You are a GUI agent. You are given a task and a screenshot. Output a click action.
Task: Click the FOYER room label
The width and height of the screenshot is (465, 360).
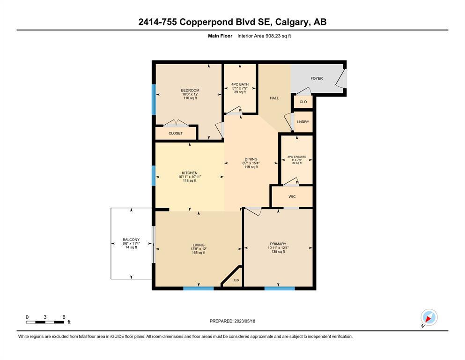click(x=317, y=78)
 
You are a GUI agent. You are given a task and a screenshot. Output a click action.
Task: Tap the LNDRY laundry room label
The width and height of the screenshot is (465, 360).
click(x=303, y=122)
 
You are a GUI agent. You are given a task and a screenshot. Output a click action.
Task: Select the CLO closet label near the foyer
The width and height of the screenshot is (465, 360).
click(x=303, y=102)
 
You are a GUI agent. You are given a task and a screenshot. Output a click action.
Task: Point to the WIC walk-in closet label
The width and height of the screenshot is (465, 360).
click(x=292, y=196)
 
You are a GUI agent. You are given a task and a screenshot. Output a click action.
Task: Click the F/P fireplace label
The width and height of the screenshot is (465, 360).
click(x=236, y=280)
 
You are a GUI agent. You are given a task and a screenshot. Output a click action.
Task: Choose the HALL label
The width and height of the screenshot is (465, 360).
click(x=274, y=98)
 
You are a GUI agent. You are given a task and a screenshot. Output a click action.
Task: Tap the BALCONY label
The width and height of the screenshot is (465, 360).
click(x=131, y=240)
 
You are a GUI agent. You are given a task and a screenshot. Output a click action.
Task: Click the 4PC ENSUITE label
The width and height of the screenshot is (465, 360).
click(x=297, y=157)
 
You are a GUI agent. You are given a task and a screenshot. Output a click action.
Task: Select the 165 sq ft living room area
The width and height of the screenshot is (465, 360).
click(x=199, y=253)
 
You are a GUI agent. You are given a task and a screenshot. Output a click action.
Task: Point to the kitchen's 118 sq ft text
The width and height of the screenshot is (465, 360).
click(x=190, y=180)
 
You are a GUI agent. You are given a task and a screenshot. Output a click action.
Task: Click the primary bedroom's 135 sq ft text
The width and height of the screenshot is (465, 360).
click(x=278, y=252)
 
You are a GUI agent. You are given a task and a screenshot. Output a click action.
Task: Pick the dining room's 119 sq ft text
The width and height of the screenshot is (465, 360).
click(x=251, y=167)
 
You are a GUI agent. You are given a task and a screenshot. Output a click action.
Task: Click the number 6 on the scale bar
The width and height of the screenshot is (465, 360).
click(x=64, y=317)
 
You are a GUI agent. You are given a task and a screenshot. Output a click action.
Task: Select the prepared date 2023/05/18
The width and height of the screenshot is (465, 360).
click(x=244, y=321)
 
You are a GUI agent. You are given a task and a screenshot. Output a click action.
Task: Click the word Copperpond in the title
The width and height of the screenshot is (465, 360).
click(x=207, y=22)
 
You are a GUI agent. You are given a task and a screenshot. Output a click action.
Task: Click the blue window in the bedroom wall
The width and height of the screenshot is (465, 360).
click(x=154, y=99)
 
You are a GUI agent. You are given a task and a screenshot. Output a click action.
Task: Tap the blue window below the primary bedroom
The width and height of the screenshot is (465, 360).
click(x=280, y=288)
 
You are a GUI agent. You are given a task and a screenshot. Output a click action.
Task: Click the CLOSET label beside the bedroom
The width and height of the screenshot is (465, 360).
click(x=176, y=133)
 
